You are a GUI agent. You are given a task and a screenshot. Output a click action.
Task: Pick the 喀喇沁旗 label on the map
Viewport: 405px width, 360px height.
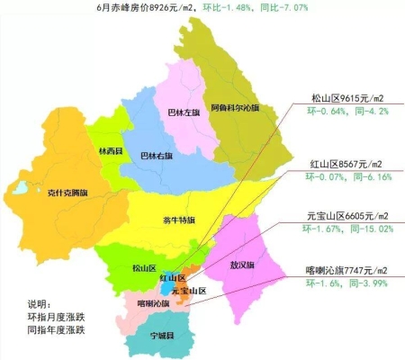151,304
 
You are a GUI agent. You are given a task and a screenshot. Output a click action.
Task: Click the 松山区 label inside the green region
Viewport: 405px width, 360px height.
144,268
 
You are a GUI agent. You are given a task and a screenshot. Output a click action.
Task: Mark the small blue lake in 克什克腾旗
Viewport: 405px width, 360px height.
18,190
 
